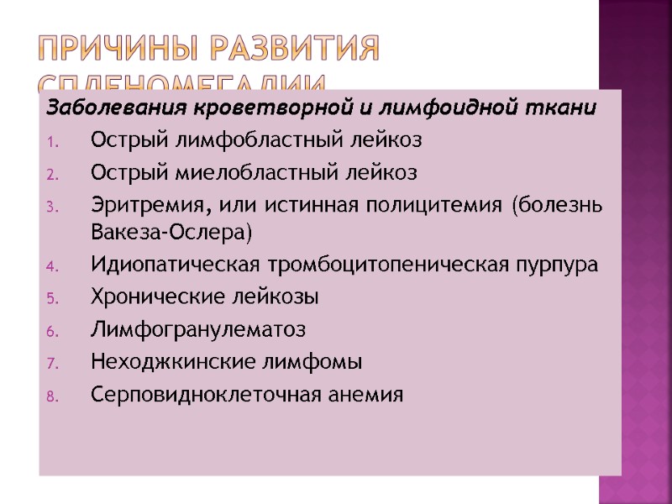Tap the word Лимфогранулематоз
point(197,330)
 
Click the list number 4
point(51,267)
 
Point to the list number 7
point(51,364)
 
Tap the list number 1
point(51,141)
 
